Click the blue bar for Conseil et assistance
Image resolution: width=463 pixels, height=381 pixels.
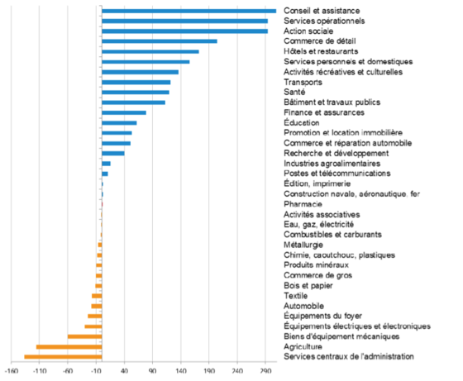(189, 12)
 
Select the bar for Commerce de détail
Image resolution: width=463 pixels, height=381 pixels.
(160, 41)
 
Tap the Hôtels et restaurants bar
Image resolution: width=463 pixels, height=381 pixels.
(150, 51)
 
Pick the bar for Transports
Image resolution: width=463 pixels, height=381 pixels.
(136, 83)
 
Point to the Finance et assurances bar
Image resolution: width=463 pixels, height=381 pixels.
(124, 112)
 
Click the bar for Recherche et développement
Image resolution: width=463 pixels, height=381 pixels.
(113, 154)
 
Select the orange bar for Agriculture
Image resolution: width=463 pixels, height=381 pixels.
(69, 347)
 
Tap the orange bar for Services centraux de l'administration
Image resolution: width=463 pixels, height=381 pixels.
(63, 357)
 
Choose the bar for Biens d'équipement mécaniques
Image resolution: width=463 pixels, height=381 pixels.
(84, 336)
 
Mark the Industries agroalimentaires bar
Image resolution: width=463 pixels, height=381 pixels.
(106, 164)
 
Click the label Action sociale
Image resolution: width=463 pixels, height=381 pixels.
(308, 31)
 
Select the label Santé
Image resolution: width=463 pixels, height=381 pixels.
(294, 92)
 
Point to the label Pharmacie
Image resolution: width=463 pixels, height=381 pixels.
(303, 204)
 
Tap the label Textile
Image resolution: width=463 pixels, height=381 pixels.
(296, 296)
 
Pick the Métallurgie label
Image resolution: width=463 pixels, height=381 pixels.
(303, 245)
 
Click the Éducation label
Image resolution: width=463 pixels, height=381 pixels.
(302, 122)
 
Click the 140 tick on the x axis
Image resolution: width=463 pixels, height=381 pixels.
(181, 371)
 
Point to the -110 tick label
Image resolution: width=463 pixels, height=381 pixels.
(39, 371)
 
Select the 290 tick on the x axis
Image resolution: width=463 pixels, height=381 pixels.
(265, 371)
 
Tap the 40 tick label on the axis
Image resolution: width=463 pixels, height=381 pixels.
(124, 371)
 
